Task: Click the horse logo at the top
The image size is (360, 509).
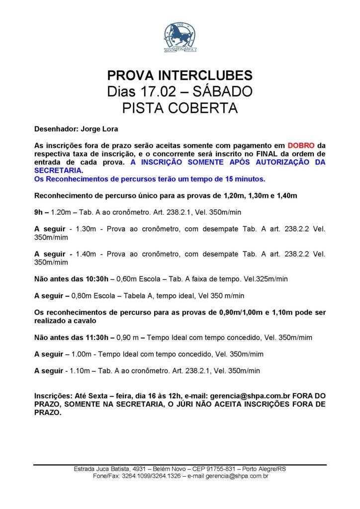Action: click(180, 37)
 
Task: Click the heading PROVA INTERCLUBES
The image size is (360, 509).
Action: click(180, 76)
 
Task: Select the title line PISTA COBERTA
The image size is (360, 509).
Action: click(180, 108)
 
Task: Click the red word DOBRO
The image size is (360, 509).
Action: click(300, 146)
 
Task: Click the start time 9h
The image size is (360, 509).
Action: click(39, 212)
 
